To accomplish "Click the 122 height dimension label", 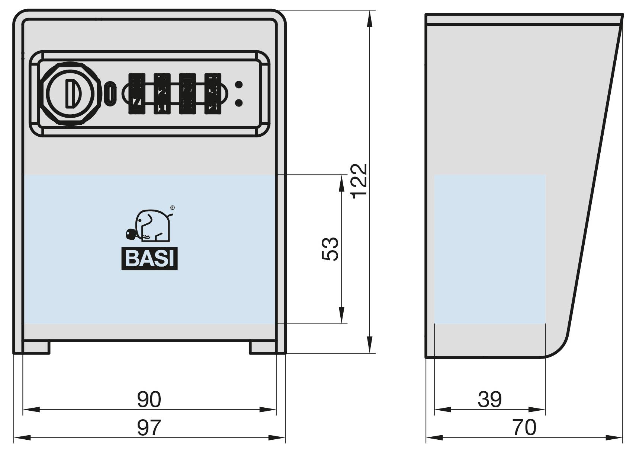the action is pos(360,181).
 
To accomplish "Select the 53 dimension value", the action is pos(330,249).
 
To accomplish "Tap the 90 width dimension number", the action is pos(149,399).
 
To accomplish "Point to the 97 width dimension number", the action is pos(149,427).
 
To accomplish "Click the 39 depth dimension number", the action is pos(489,399).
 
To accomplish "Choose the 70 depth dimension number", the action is pos(524,427).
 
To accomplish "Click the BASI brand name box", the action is pos(150,258).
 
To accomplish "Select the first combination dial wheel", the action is pos(136,93).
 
